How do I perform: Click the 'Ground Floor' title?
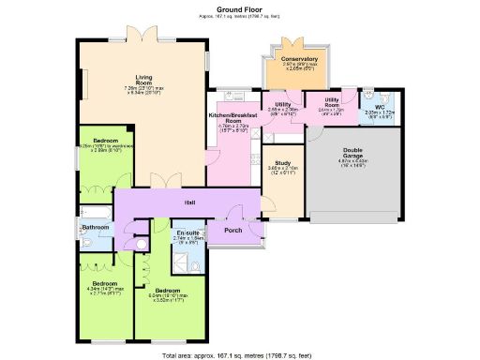[x=239, y=9]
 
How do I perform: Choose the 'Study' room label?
[x=281, y=162]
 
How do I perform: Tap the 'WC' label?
[x=381, y=106]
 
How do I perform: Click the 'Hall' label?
[x=188, y=202]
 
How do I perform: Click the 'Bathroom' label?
[x=96, y=228]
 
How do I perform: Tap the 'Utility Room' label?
[x=331, y=100]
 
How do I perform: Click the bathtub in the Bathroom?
[x=95, y=210]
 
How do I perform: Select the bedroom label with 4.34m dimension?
[x=104, y=283]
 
